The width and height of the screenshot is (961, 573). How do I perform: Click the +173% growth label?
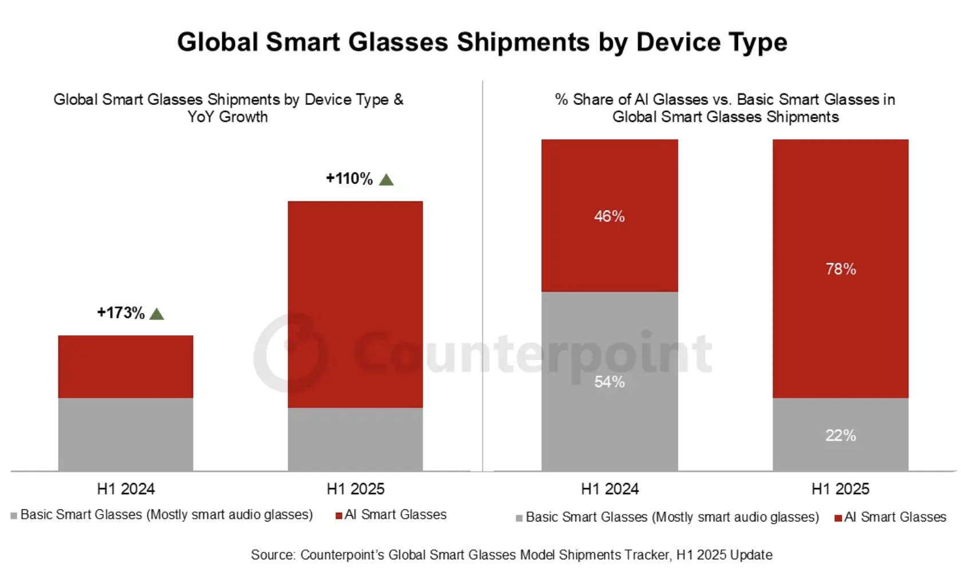[x=121, y=313]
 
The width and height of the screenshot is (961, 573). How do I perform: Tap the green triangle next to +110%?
[x=387, y=180]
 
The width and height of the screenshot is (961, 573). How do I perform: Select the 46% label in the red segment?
[x=609, y=217]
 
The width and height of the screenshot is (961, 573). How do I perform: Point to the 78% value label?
[x=840, y=269]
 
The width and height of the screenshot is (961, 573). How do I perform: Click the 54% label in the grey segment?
[x=609, y=382]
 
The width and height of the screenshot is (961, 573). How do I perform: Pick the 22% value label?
[x=840, y=435]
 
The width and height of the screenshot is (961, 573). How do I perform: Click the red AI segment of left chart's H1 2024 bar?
[x=125, y=367]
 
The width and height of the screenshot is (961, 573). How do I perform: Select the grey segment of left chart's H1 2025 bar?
[x=355, y=439]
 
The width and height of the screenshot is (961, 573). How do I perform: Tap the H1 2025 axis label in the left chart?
[x=355, y=489]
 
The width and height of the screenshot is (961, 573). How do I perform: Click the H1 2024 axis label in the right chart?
[x=609, y=489]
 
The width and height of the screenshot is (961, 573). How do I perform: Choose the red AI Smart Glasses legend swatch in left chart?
[x=339, y=516]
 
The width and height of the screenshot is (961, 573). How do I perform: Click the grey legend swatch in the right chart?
[x=519, y=518]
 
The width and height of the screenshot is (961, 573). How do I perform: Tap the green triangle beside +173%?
[x=156, y=314]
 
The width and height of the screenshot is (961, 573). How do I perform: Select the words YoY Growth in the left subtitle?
[x=227, y=117]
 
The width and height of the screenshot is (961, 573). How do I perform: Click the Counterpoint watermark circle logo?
[x=291, y=352]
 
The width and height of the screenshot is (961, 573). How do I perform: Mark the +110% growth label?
[x=349, y=179]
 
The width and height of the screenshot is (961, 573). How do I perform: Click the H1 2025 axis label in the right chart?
[x=840, y=489]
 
